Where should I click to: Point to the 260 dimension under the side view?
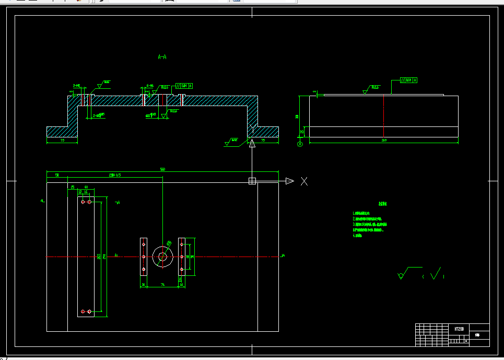[384, 140]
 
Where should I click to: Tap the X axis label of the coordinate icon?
[304, 181]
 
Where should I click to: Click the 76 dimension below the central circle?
[162, 284]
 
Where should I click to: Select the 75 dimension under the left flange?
[62, 140]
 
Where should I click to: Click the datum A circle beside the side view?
[300, 144]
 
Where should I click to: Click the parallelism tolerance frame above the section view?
[184, 85]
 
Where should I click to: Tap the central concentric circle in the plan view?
[162, 257]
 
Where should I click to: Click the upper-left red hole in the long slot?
[83, 202]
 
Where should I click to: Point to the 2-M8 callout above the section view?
[76, 85]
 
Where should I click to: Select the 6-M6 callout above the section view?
[150, 85]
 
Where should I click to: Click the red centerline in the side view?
[384, 116]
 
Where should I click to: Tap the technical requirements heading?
[383, 204]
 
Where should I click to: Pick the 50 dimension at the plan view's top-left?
[57, 175]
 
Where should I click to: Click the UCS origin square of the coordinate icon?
[252, 181]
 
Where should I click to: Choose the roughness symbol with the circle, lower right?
[402, 274]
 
